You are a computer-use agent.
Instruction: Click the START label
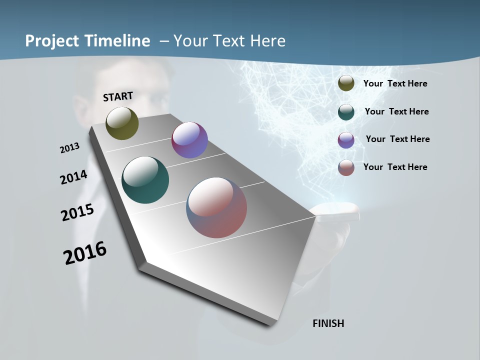click(x=118, y=96)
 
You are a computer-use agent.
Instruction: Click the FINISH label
click(x=328, y=323)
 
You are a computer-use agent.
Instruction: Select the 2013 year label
click(x=69, y=148)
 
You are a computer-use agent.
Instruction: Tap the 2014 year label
click(x=73, y=177)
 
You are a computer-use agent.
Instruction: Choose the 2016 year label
click(x=85, y=253)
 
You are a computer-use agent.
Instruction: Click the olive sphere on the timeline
click(x=122, y=123)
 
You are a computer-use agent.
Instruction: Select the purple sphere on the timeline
click(x=189, y=140)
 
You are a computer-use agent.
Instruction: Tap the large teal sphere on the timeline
click(x=145, y=180)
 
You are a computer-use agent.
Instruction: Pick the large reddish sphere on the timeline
click(x=216, y=207)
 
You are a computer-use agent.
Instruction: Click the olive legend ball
click(x=346, y=83)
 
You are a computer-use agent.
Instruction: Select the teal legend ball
click(x=346, y=112)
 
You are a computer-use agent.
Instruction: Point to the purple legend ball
click(x=346, y=140)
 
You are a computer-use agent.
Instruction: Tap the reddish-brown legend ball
click(x=346, y=167)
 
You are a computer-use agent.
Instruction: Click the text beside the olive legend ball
click(x=395, y=83)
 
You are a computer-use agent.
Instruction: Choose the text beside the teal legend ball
click(x=396, y=111)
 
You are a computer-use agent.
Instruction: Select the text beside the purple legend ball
click(x=397, y=139)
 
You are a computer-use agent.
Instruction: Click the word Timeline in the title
click(x=118, y=41)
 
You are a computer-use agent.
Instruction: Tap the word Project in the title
click(x=52, y=41)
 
